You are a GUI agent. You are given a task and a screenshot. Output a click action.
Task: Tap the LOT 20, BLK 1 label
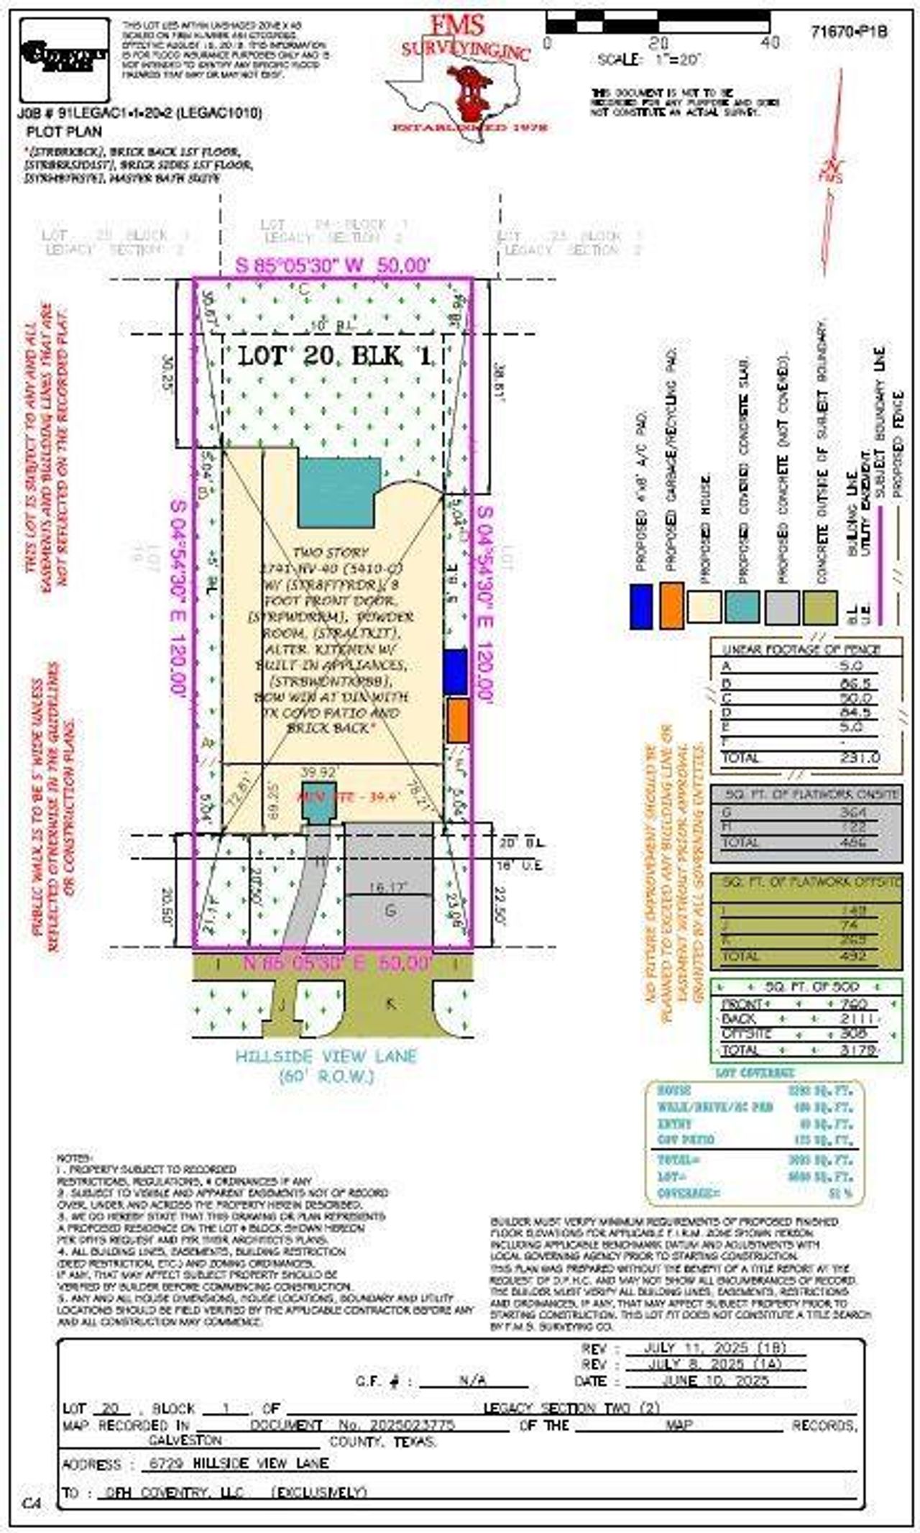336,355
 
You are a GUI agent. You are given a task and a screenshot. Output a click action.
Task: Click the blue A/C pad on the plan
455,672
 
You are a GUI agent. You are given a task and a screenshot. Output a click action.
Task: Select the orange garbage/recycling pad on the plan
457,720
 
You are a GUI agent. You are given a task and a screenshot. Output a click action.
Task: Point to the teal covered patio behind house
336,493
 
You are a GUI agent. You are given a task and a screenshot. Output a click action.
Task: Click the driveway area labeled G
390,911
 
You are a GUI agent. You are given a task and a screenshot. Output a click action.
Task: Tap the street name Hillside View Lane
326,1056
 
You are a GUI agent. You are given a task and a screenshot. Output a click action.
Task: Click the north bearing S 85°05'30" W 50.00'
333,265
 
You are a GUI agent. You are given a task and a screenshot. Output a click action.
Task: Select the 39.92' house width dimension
318,772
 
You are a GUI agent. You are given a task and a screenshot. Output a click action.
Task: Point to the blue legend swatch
640,607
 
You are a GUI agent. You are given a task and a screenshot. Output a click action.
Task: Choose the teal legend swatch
742,607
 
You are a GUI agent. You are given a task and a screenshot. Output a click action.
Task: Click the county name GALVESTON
185,1441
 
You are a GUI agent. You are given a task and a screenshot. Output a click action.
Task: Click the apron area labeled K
390,1004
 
